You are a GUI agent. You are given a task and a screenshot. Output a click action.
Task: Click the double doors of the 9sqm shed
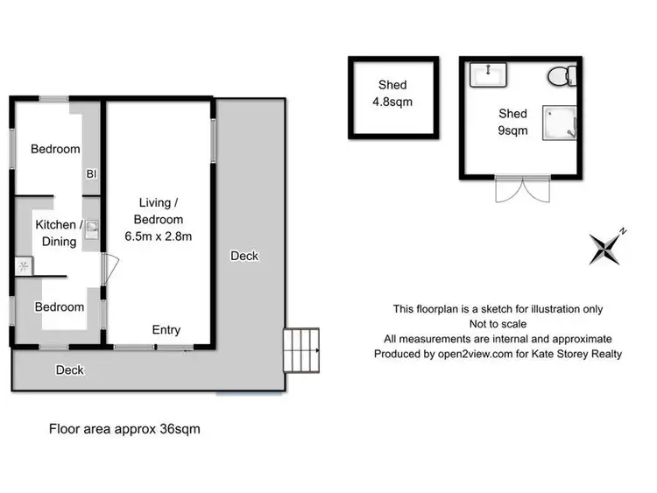522,191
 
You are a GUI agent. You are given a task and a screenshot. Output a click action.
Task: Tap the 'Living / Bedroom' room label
159,210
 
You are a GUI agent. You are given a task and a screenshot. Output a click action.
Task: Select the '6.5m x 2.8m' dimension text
159,236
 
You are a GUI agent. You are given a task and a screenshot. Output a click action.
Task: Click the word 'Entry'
166,329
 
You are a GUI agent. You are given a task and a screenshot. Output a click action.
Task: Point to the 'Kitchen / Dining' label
55,233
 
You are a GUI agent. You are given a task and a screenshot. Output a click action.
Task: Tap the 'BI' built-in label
90,173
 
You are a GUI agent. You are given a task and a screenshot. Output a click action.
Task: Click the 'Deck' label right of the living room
244,256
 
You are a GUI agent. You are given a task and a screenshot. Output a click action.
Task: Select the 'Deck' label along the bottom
70,370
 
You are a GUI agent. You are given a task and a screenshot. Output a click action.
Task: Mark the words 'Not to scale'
498,324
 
